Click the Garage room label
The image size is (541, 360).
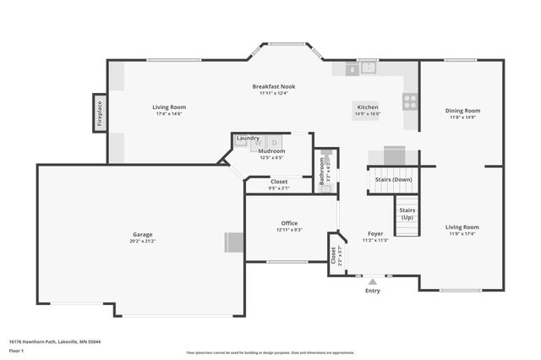pos(142,234)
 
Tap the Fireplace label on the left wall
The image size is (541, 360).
pos(99,113)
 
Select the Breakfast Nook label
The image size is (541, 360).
pos(276,87)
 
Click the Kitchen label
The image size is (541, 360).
pos(367,107)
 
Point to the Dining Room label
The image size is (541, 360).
pos(462,111)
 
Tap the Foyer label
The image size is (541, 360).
pos(375,233)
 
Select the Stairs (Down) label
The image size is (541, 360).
pos(393,179)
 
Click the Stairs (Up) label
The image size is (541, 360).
pos(407,213)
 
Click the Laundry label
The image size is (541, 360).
pos(248,138)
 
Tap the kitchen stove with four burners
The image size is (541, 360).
pos(410,101)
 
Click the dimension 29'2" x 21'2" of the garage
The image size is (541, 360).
pos(142,241)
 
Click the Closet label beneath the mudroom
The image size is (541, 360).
pos(279,181)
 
